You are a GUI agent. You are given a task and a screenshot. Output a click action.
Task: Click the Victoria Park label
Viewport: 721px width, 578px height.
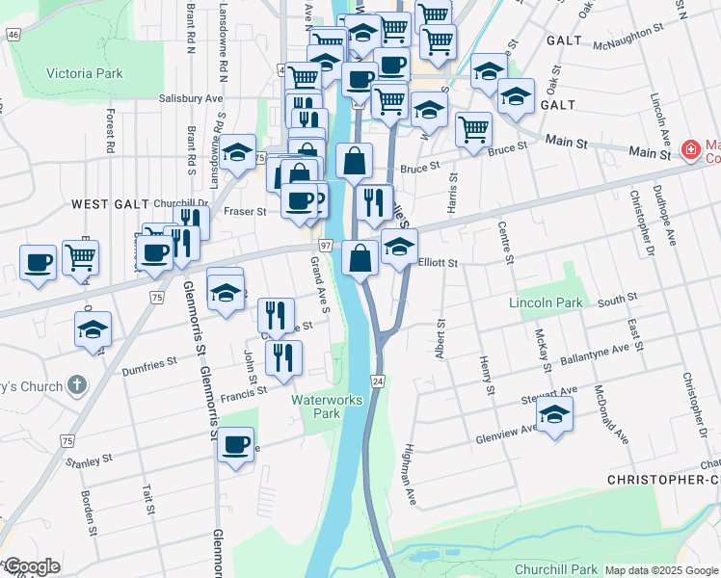click(85, 73)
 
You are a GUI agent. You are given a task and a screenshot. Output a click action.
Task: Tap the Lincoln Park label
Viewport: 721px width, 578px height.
click(547, 302)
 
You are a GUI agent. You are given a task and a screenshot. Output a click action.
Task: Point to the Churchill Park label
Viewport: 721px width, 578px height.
click(557, 569)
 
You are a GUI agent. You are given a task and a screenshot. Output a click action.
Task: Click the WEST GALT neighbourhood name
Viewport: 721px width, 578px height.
click(110, 204)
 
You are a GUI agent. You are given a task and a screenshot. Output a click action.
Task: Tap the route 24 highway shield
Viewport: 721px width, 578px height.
click(379, 381)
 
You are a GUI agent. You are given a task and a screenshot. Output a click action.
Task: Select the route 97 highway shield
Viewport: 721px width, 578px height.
click(326, 247)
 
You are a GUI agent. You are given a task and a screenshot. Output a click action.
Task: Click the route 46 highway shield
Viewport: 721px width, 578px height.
click(13, 35)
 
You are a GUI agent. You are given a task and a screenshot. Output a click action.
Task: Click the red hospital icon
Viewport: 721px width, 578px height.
click(690, 150)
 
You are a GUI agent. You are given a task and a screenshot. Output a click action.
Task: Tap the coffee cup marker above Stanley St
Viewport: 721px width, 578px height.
click(235, 445)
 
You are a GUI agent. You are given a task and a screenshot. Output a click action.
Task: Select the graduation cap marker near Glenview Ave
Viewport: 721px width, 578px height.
click(554, 415)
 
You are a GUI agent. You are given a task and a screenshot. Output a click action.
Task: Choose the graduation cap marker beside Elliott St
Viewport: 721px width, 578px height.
click(399, 247)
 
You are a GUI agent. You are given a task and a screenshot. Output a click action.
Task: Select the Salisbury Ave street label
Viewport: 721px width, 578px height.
click(191, 98)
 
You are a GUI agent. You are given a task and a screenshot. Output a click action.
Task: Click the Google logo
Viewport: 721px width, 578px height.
click(31, 566)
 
